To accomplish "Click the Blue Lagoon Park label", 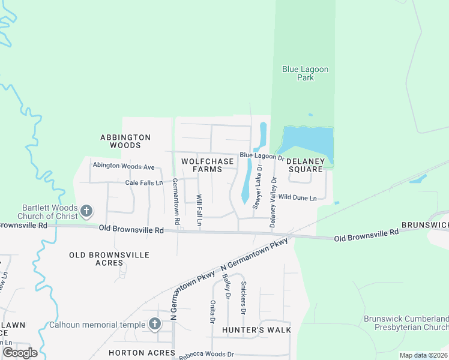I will [306, 73].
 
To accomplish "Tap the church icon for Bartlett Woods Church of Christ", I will [86, 211].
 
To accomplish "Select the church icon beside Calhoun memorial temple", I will [155, 325].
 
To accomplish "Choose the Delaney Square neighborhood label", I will [306, 165].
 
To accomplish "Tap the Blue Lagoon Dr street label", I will [262, 156].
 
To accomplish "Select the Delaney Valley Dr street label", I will [274, 202].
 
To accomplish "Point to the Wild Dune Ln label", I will [297, 197].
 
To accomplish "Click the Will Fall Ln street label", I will [199, 211].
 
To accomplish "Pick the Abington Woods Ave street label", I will [124, 166].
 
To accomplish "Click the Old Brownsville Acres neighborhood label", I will [109, 259].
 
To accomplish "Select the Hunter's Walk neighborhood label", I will [256, 330].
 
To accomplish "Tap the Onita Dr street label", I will [212, 312].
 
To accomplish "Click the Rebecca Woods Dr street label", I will [206, 355].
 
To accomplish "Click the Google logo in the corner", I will [20, 353].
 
